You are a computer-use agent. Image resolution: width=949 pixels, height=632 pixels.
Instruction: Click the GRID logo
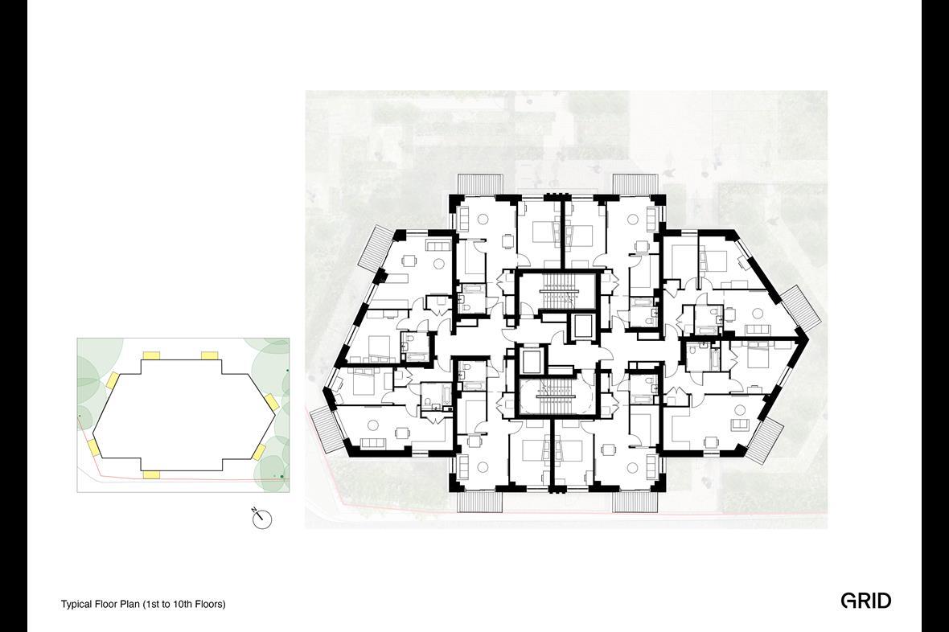tap(865, 601)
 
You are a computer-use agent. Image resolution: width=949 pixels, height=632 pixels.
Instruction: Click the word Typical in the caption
tap(77, 604)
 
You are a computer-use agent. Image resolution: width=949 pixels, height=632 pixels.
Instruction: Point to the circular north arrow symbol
tap(262, 519)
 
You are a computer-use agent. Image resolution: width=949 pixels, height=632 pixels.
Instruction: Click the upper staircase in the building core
tap(557, 293)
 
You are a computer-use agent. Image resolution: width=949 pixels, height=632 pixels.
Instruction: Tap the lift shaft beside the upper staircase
tap(579, 327)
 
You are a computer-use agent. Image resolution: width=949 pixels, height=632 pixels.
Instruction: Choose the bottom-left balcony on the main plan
tap(480, 500)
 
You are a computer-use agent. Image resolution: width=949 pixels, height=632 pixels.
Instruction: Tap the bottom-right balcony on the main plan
tap(635, 500)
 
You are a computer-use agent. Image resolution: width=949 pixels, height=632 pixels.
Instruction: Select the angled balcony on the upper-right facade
tap(801, 307)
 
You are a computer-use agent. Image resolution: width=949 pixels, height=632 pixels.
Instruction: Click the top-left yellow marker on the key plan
tap(150, 355)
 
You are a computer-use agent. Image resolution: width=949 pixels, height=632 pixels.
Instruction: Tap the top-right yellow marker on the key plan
tap(209, 355)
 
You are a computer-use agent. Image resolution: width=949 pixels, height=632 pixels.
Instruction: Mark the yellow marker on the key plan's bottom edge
tap(150, 475)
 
